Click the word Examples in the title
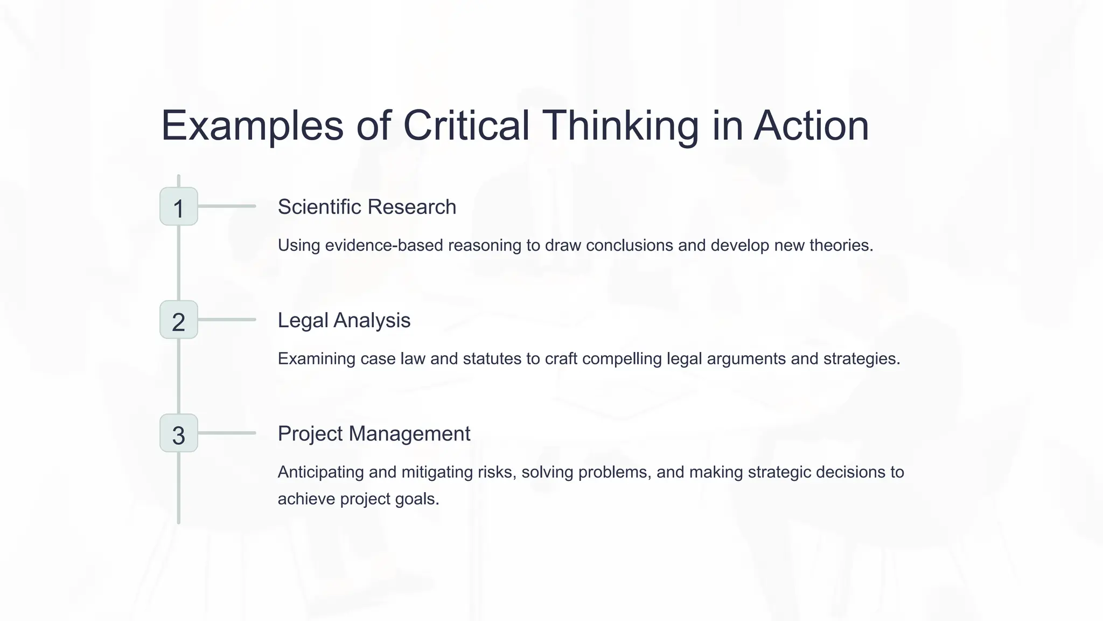click(252, 126)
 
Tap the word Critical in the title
click(466, 126)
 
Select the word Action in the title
click(811, 126)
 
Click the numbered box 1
click(179, 207)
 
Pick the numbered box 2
click(179, 320)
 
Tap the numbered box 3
click(179, 433)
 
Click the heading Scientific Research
click(367, 207)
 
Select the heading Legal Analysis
click(344, 320)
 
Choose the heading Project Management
click(374, 433)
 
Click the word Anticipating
click(320, 472)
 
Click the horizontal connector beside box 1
click(227, 206)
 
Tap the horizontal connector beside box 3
click(227, 433)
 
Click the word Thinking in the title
click(620, 126)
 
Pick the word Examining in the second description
click(316, 359)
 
